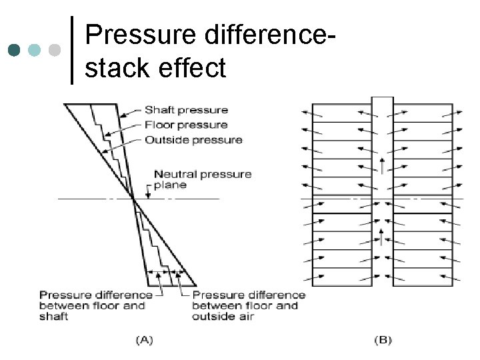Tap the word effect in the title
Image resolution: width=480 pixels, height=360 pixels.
(x=195, y=67)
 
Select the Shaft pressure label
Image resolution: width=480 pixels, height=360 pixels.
(x=186, y=110)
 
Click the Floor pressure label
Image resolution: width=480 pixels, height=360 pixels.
(x=186, y=125)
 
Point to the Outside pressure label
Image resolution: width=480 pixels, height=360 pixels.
(x=193, y=140)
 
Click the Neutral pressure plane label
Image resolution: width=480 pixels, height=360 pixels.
(x=203, y=179)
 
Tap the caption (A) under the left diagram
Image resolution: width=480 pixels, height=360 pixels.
(x=144, y=340)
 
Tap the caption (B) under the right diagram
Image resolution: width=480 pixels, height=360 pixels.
(x=383, y=340)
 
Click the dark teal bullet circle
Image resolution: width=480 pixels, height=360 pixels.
(x=15, y=50)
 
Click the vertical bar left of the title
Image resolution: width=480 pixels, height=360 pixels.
(x=71, y=49)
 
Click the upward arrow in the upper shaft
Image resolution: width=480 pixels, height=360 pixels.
(x=382, y=163)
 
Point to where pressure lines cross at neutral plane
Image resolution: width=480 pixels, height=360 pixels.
(x=133, y=199)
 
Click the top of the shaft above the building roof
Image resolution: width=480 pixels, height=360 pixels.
(x=382, y=100)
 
